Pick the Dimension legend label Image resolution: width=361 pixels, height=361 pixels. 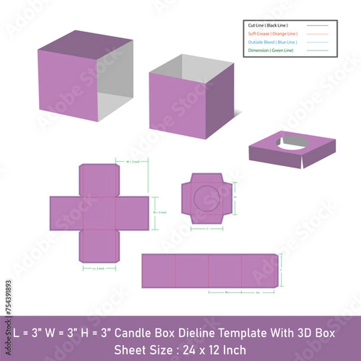coord(271,51)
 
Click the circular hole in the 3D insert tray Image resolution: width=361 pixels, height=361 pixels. coord(291,143)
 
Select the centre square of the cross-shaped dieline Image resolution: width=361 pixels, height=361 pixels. coord(99,213)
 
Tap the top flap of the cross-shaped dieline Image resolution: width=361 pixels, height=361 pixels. coord(99,179)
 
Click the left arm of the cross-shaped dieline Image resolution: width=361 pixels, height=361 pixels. coord(65,213)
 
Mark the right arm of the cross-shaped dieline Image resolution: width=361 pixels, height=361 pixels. coord(133,213)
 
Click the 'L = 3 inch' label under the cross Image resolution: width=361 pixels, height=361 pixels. coord(99,269)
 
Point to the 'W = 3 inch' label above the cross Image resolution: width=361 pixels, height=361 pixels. coord(133,161)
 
